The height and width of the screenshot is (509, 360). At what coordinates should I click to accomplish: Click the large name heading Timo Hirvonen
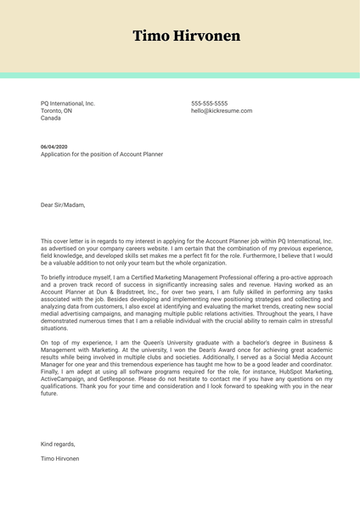[x=186, y=36]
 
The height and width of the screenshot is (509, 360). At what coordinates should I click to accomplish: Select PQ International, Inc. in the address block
[x=68, y=103]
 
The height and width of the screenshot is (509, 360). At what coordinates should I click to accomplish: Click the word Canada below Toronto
[x=51, y=119]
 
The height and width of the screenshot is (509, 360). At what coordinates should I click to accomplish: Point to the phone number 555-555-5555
[x=209, y=103]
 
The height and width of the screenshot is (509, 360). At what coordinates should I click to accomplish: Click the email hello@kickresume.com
[x=221, y=111]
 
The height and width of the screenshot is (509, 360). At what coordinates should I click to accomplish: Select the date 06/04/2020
[x=54, y=147]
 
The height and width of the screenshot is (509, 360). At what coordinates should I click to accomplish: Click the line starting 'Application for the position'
[x=102, y=154]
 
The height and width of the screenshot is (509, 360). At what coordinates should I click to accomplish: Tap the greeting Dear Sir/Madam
[x=63, y=204]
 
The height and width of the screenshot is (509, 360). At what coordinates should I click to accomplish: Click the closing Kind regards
[x=58, y=444]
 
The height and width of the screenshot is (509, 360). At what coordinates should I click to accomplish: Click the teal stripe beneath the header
[x=180, y=76]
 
